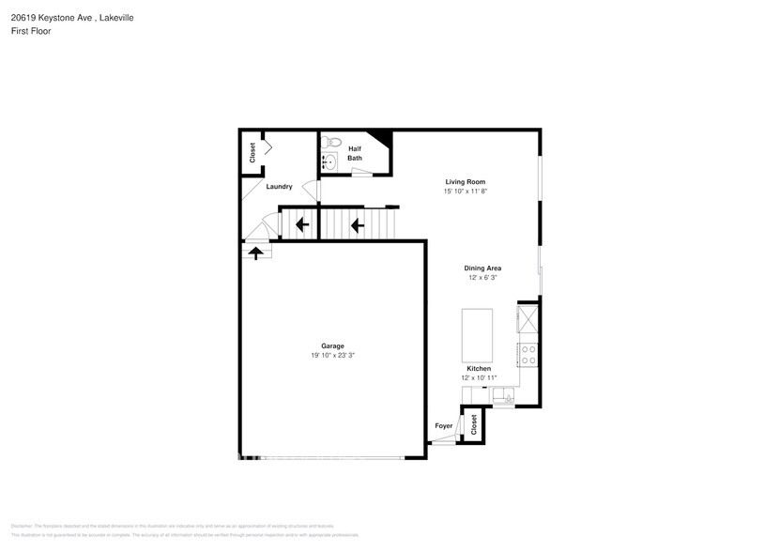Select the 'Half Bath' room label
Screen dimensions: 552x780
pos(355,153)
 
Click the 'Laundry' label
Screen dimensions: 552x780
pos(279,187)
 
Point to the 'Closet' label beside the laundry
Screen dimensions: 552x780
pos(252,153)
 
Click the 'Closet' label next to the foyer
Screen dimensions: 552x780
pos(474,423)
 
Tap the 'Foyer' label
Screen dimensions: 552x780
pos(444,426)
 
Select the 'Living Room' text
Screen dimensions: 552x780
pos(465,181)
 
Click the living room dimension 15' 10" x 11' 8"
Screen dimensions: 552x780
pos(465,191)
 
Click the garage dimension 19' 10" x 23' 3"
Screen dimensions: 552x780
pos(332,355)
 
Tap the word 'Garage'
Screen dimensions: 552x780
pos(332,345)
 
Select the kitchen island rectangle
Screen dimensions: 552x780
pos(476,335)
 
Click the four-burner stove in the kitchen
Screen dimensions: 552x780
pos(528,354)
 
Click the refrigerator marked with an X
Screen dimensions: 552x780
pos(528,318)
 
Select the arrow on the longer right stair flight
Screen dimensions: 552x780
pos(357,224)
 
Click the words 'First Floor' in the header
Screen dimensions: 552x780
pos(31,31)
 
